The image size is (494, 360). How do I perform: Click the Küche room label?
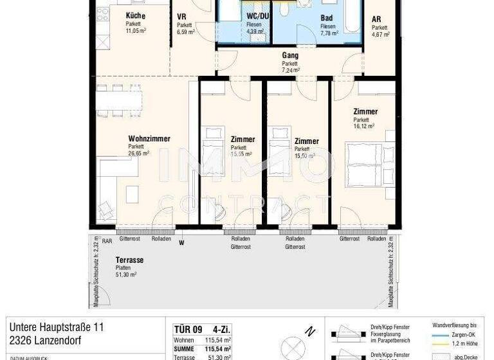[x=136, y=15]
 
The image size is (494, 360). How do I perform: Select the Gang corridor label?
[x=290, y=55]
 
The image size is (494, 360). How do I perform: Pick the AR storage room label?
[x=376, y=19]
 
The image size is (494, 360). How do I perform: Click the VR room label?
[x=181, y=16]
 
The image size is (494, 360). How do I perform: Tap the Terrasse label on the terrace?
[x=129, y=260]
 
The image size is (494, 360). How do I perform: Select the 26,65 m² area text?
[x=138, y=154]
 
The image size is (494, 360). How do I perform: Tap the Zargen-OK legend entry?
[x=459, y=336]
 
